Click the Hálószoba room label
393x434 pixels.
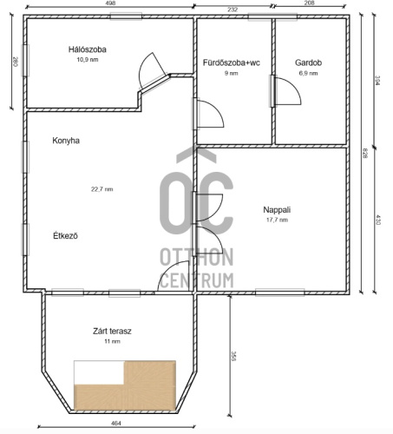click(88, 49)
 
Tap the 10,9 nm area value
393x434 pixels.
click(88, 60)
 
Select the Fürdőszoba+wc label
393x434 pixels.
click(232, 62)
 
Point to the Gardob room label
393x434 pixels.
click(308, 62)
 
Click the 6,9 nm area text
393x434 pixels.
click(308, 73)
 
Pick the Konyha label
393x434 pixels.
click(66, 141)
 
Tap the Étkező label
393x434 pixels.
click(65, 235)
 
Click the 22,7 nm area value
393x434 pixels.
click(102, 189)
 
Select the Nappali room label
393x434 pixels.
click(277, 210)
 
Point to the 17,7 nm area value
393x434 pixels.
click(277, 220)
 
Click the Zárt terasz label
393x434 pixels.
click(112, 331)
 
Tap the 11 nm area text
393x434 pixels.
click(112, 341)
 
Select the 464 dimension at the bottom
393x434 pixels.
click(116, 424)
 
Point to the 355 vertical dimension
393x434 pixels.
click(233, 357)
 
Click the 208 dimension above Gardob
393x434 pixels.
click(309, 3)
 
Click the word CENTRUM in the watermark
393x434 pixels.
click(197, 280)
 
